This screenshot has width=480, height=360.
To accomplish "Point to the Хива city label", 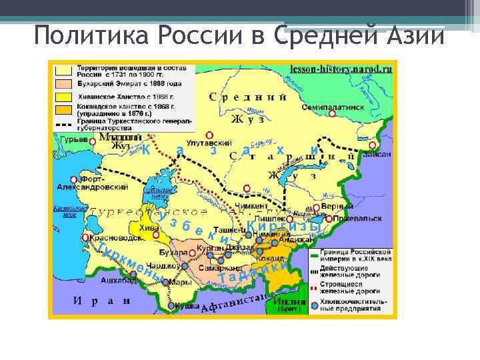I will pos(150,227).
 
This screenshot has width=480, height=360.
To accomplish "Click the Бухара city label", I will pos(173,253).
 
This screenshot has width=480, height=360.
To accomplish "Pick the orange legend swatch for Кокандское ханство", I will pos(64,109).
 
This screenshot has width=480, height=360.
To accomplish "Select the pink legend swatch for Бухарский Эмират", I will pos(64,84).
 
